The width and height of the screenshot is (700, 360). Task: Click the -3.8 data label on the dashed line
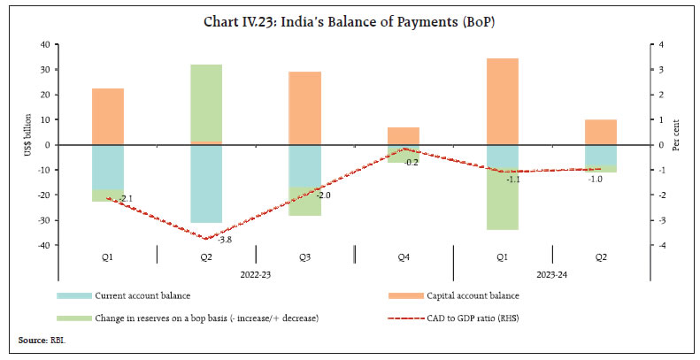(225, 240)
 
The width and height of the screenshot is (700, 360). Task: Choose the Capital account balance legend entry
(478, 295)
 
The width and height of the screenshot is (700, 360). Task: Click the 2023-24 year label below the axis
(550, 274)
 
